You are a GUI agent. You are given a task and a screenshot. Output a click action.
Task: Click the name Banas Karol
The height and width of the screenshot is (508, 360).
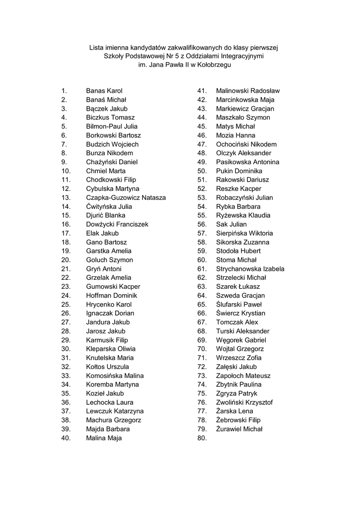click(104, 91)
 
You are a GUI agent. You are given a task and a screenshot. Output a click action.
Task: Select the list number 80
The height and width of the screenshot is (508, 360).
click(202, 438)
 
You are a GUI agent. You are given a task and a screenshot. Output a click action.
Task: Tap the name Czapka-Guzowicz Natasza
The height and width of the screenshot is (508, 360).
click(126, 197)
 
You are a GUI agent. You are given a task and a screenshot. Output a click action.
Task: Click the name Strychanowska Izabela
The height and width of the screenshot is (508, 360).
click(250, 269)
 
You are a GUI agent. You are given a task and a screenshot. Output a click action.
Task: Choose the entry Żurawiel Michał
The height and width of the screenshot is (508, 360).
click(239, 429)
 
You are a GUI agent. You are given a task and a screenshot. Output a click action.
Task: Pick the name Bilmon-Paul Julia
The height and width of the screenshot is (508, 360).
click(112, 127)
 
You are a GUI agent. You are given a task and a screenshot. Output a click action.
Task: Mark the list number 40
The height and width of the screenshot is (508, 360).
click(66, 438)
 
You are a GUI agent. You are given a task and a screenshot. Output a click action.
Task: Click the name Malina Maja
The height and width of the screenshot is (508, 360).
click(104, 438)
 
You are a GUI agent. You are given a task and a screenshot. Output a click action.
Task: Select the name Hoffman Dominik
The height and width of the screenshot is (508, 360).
click(111, 296)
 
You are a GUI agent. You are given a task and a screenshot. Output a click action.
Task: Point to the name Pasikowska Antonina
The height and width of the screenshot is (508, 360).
click(247, 162)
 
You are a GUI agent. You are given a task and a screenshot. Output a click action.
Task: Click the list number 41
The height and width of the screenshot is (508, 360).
click(202, 91)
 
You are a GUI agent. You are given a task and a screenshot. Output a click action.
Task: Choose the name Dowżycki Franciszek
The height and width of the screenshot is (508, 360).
click(117, 224)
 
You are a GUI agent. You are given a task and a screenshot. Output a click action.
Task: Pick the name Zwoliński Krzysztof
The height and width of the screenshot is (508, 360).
click(244, 402)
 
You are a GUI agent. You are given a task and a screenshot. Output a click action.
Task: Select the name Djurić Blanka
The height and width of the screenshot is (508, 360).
click(105, 215)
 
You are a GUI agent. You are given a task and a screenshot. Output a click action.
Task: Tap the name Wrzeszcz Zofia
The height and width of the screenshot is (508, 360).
click(239, 358)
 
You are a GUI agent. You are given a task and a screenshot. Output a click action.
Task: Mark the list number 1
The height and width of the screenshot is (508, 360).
click(64, 91)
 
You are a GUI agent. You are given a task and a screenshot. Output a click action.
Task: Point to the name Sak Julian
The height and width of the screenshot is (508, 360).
click(231, 224)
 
